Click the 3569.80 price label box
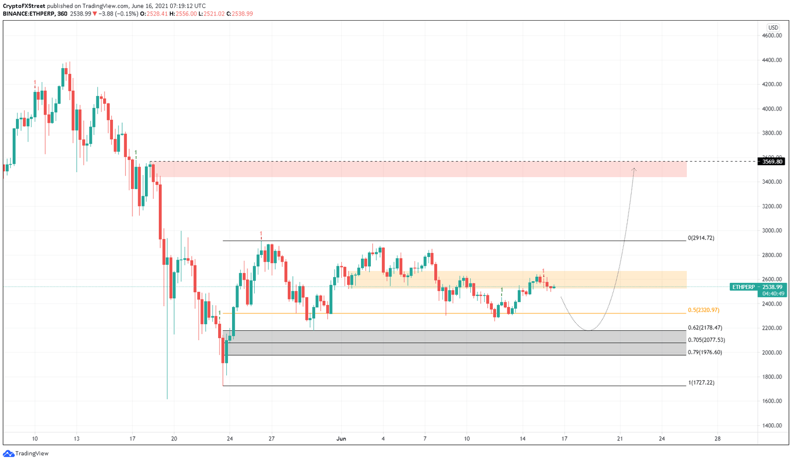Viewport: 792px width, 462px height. click(x=771, y=162)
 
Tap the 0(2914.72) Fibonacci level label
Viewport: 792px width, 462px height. click(x=701, y=238)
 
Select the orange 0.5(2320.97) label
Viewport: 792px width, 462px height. click(x=703, y=310)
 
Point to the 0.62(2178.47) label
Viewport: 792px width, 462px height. click(x=705, y=328)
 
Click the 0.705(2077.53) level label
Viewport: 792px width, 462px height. click(x=706, y=340)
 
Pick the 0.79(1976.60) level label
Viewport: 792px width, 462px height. click(x=705, y=353)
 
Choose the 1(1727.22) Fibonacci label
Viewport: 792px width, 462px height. click(x=701, y=383)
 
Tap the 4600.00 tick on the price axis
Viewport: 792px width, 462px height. click(x=772, y=36)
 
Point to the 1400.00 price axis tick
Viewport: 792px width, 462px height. click(x=772, y=426)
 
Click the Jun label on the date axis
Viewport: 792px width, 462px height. click(x=341, y=439)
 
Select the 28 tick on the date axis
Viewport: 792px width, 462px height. click(x=717, y=439)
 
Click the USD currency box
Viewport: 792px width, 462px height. click(x=772, y=28)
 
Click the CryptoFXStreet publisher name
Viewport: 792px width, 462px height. click(x=24, y=6)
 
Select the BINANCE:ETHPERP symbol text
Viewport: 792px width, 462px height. click(x=29, y=14)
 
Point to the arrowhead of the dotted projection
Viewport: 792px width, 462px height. click(x=634, y=169)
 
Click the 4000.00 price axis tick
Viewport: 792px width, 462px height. click(x=772, y=109)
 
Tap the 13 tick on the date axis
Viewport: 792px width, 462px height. click(x=76, y=439)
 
